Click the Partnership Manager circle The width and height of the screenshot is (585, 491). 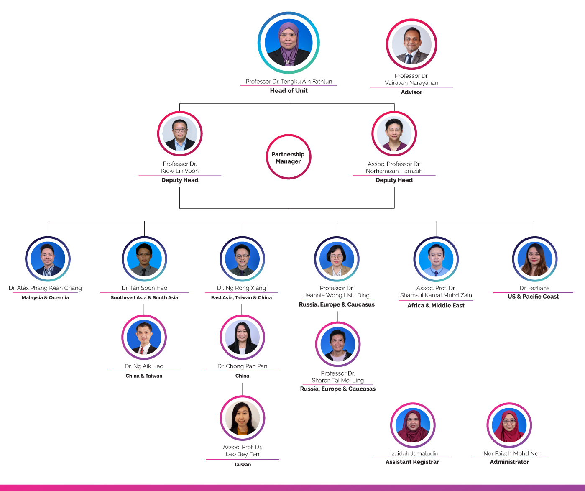click(288, 157)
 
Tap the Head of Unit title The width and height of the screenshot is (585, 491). click(289, 90)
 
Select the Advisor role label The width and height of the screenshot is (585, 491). click(411, 92)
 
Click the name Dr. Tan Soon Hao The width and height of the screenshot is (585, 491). click(144, 288)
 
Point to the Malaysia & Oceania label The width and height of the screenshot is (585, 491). click(45, 297)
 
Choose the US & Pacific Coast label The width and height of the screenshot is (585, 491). click(533, 297)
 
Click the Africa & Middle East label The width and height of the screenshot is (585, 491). click(436, 305)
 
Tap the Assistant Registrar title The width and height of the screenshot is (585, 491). click(412, 462)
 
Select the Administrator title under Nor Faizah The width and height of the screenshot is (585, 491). click(509, 462)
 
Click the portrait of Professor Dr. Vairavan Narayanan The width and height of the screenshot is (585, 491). click(411, 44)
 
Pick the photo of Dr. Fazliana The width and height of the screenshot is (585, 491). click(535, 259)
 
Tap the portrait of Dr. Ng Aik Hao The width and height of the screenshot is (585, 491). click(144, 337)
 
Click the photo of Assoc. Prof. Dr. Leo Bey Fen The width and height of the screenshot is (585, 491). click(243, 418)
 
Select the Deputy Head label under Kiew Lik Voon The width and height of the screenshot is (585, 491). click(180, 180)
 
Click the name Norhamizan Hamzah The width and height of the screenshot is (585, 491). click(394, 171)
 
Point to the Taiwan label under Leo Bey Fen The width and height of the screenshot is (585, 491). click(243, 464)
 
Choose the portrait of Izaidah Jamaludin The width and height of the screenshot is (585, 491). click(413, 425)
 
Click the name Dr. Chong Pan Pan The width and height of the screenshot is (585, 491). click(243, 366)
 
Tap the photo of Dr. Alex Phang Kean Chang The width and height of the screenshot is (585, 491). click(48, 259)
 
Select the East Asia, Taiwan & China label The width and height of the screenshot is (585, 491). click(242, 297)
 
